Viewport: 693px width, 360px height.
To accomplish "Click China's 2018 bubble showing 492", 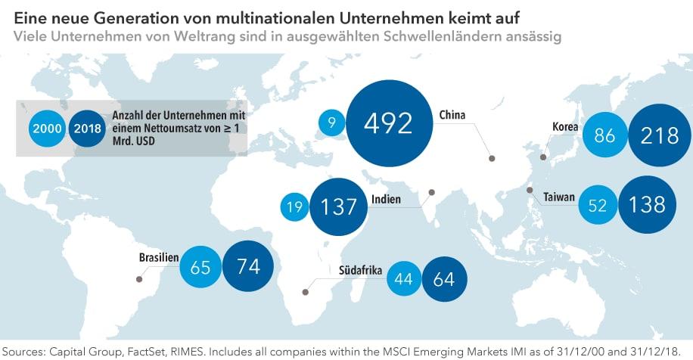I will coord(387,123).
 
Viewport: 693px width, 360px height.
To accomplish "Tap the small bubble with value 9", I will coord(331,122).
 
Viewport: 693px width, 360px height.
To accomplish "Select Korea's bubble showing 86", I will coord(605,135).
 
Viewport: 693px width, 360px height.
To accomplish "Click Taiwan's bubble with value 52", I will coord(598,205).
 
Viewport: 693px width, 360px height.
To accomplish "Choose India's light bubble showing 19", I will coord(295,207).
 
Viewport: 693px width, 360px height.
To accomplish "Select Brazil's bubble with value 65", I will coord(200,269).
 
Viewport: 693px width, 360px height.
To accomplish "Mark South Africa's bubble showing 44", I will coord(403,278).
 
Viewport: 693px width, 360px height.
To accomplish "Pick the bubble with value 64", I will coord(443,278).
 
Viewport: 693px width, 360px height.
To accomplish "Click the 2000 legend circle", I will coord(47,129).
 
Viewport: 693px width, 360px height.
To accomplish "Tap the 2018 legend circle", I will coord(89,129).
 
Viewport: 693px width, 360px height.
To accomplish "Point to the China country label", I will coord(452,115).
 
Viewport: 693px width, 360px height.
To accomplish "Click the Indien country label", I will coord(386,200).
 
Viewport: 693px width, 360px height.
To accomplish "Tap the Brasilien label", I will coord(158,257).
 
